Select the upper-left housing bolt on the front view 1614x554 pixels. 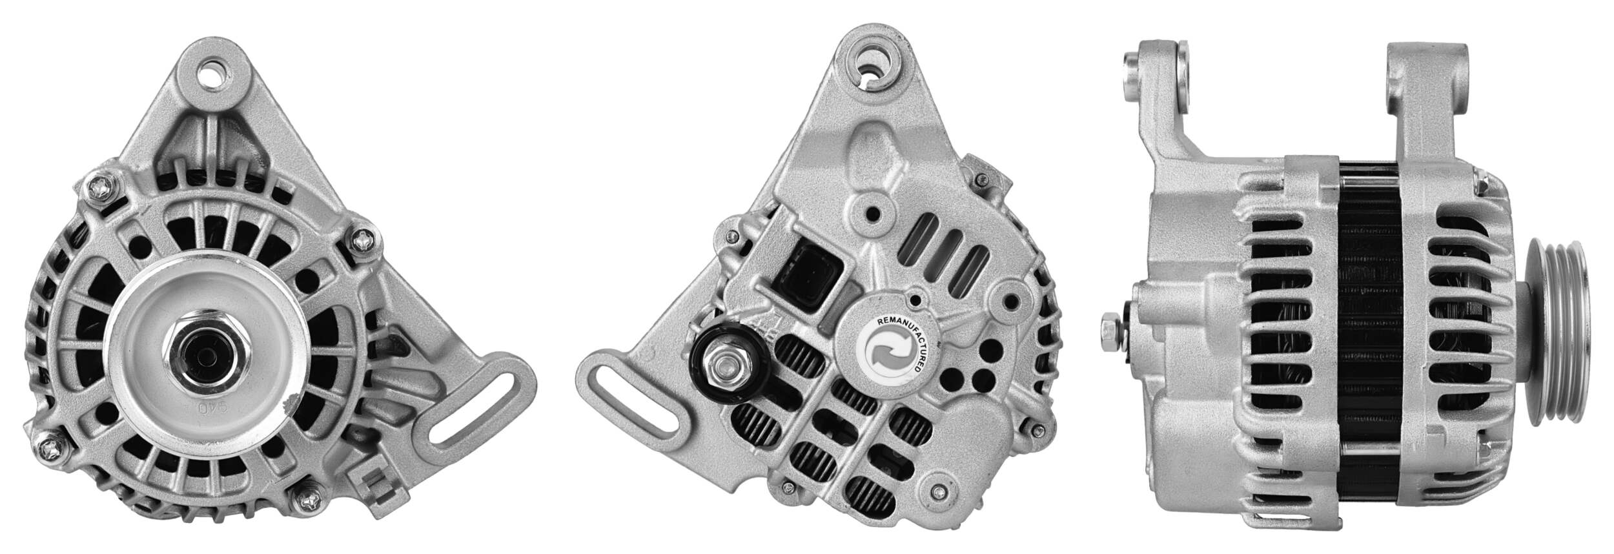[x=102, y=188]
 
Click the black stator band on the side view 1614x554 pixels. [x=1369, y=336]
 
